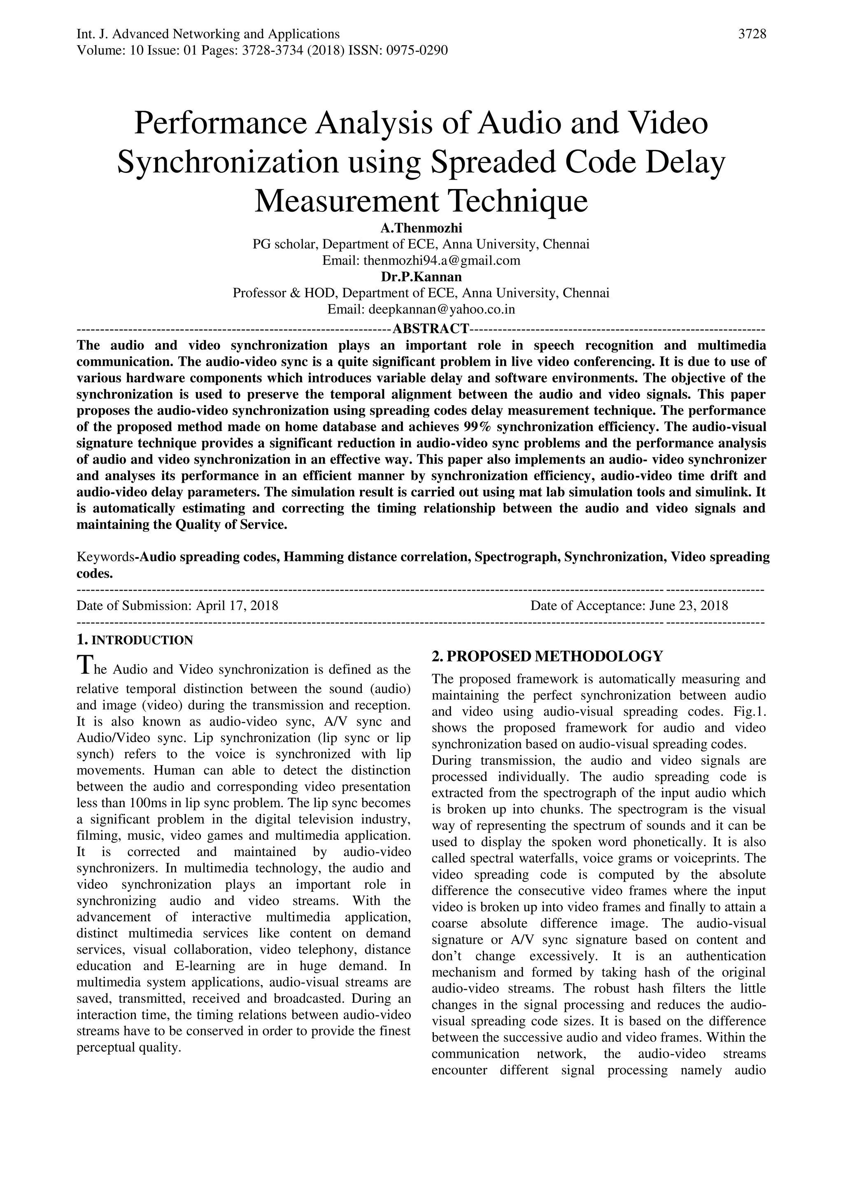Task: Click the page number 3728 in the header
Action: (752, 34)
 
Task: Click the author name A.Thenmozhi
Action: (421, 228)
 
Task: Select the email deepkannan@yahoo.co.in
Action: (442, 309)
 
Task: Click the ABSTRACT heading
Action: (431, 328)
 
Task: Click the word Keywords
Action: (105, 557)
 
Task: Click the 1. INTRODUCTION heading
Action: (135, 640)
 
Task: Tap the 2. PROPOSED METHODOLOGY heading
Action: (547, 656)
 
